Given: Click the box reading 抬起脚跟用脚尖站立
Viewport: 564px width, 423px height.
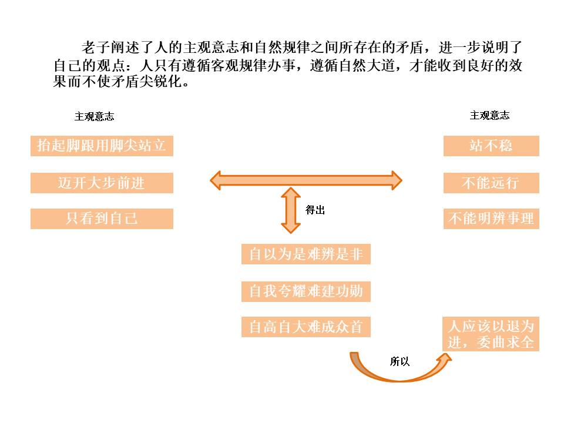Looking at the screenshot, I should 102,146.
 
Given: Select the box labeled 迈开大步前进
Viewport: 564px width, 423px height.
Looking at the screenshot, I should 102,183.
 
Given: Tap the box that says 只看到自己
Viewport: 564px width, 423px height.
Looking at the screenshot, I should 102,219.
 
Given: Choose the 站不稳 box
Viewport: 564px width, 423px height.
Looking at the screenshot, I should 491,146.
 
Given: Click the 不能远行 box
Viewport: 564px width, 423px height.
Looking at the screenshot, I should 491,183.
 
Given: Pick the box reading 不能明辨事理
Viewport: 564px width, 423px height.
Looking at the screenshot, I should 491,219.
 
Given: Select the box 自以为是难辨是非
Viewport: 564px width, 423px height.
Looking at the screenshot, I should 305,254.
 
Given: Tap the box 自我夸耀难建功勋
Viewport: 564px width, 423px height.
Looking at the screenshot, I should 305,291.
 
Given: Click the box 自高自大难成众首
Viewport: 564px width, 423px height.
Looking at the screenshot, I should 305,327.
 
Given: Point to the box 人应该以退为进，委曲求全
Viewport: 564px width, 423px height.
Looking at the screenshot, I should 491,334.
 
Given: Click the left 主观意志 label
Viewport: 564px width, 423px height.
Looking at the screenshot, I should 94,116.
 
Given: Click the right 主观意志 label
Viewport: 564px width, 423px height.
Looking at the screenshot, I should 489,116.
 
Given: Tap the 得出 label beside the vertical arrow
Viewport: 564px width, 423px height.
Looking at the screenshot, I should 315,210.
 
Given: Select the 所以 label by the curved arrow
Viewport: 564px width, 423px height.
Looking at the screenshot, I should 399,361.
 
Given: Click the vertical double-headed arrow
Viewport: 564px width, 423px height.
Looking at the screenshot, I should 291,210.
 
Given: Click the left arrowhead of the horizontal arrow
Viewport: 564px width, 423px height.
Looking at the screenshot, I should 217,180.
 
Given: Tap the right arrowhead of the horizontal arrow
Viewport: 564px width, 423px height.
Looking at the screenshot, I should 395,180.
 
